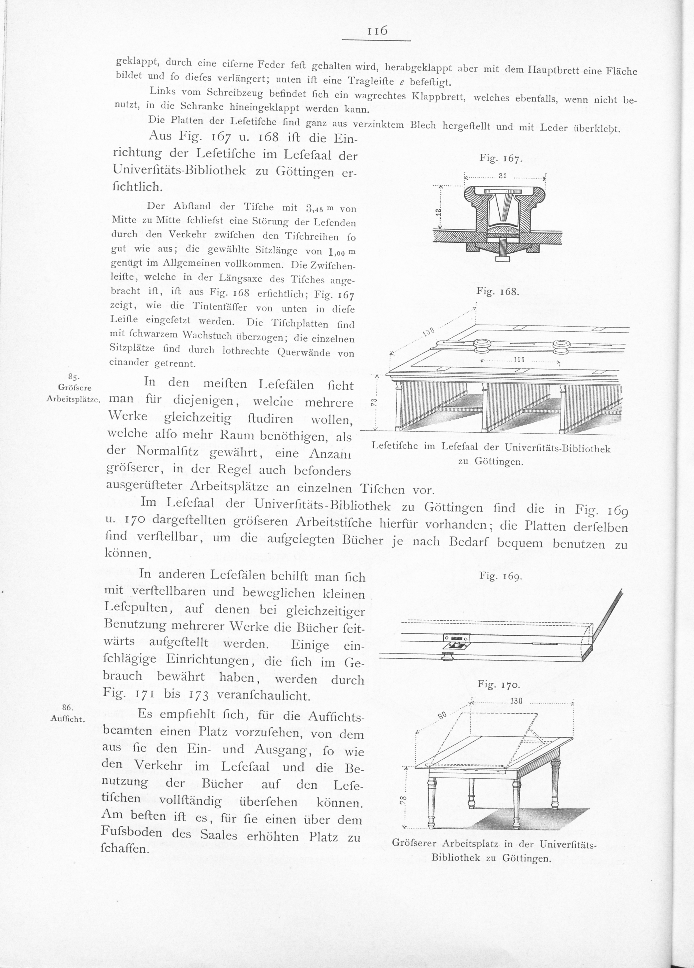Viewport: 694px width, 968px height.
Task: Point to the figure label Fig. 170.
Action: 499,685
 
